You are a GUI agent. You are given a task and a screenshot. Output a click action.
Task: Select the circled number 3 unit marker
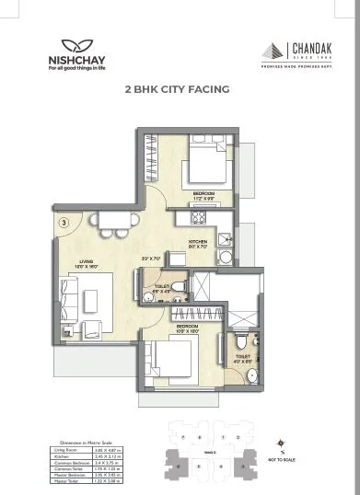coord(63,222)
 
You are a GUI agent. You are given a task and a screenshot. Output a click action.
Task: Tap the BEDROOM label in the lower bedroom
coord(187,326)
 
